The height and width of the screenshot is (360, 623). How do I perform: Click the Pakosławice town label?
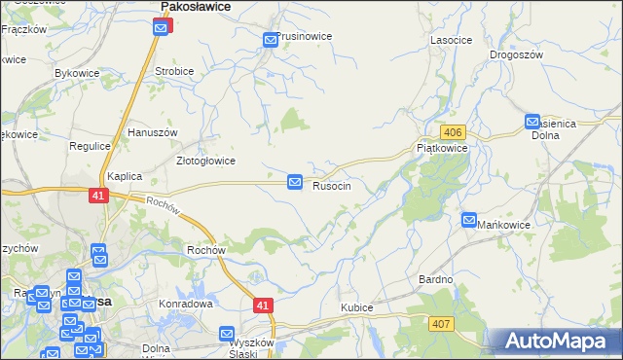pyautogui.click(x=195, y=7)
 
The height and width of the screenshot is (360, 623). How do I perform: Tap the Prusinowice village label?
pyautogui.click(x=305, y=36)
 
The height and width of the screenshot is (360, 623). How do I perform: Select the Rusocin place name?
pyautogui.click(x=338, y=185)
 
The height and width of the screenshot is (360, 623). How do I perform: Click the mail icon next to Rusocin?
pyautogui.click(x=295, y=182)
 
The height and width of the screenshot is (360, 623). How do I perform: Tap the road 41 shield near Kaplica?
pyautogui.click(x=96, y=195)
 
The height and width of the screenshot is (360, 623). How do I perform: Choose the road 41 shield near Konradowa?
pyautogui.click(x=263, y=306)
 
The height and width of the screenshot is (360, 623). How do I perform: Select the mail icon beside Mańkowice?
pyautogui.click(x=469, y=221)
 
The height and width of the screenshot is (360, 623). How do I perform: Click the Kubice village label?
pyautogui.click(x=356, y=307)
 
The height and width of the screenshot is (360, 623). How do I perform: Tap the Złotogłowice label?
pyautogui.click(x=204, y=161)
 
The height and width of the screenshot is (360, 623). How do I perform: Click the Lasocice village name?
pyautogui.click(x=451, y=40)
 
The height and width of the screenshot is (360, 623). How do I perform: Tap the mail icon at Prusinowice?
pyautogui.click(x=271, y=40)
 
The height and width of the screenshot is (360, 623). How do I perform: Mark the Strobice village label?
pyautogui.click(x=175, y=71)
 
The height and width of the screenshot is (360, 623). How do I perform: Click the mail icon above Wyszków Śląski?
pyautogui.click(x=227, y=334)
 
